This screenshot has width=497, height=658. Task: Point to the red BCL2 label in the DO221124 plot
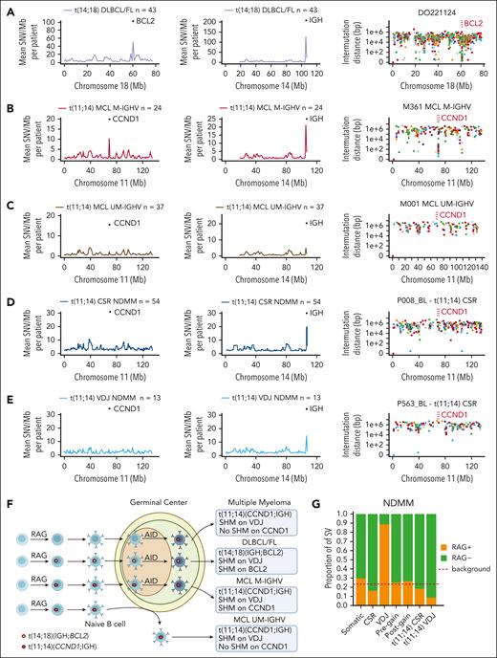click(469, 20)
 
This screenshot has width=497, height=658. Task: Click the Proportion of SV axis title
click(346, 555)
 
